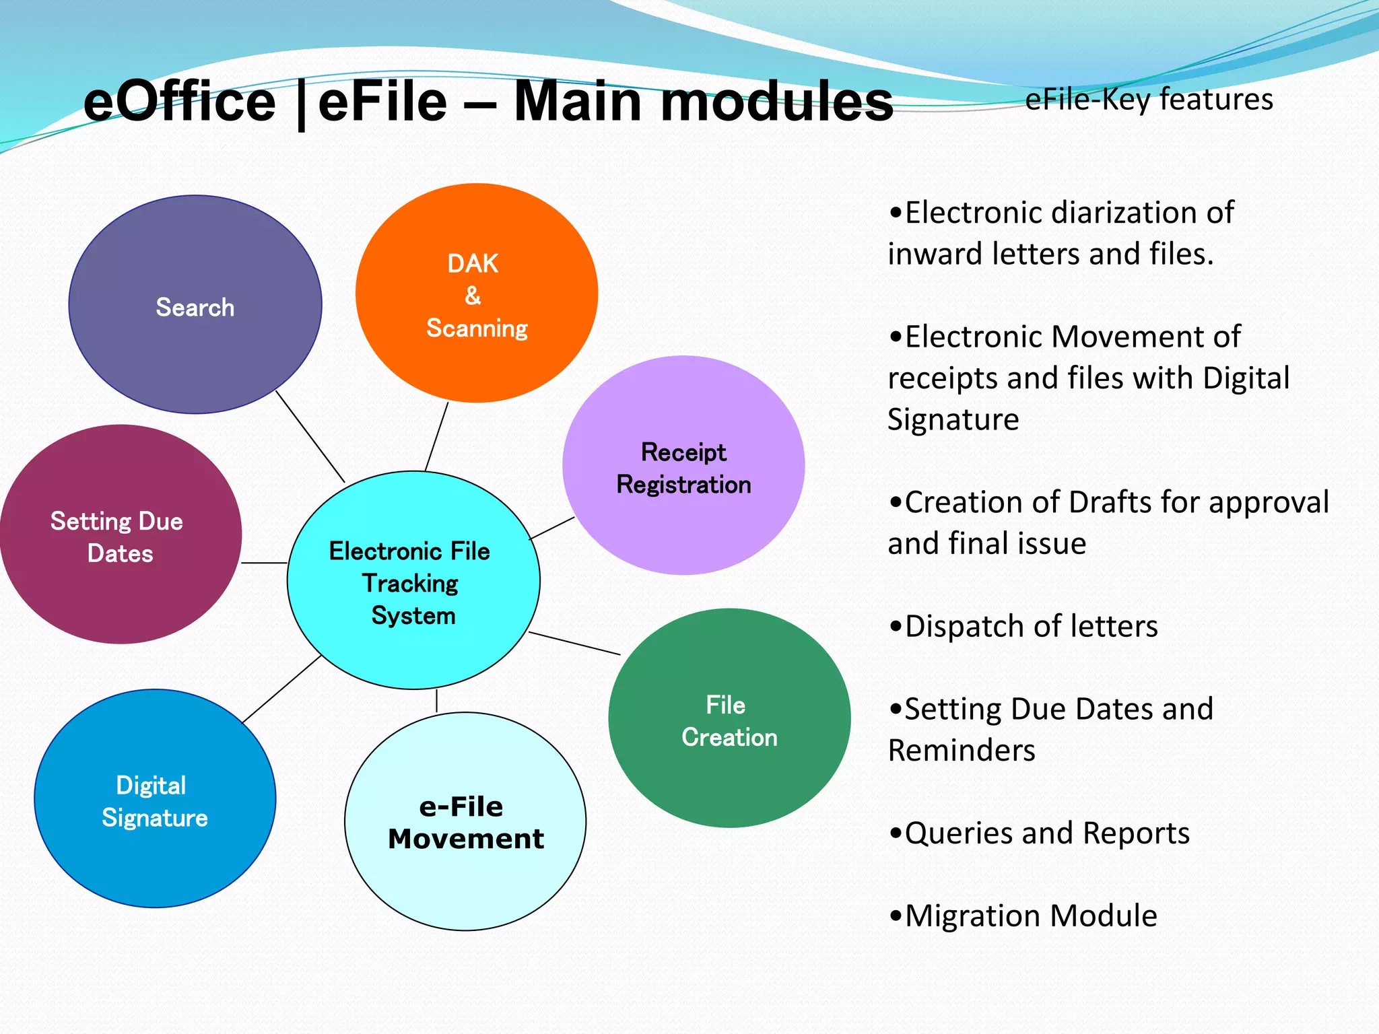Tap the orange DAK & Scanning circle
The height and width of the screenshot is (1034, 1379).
pyautogui.click(x=477, y=294)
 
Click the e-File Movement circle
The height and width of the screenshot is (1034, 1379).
pyautogui.click(x=465, y=822)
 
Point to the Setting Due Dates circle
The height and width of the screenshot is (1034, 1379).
pyautogui.click(x=120, y=535)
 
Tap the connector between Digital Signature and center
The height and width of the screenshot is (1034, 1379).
pyautogui.click(x=281, y=689)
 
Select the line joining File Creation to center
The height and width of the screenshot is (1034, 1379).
pyautogui.click(x=574, y=644)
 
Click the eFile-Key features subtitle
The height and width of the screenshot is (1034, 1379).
pyautogui.click(x=1149, y=99)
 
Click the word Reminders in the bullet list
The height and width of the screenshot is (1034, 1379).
pyautogui.click(x=962, y=751)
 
